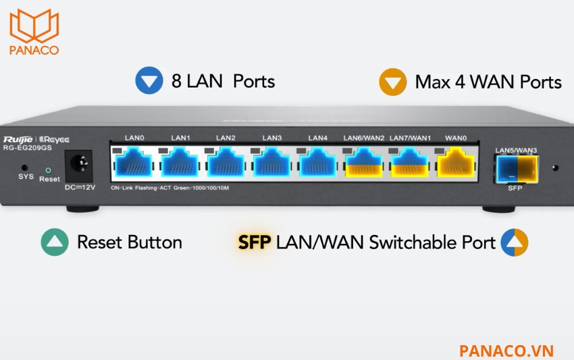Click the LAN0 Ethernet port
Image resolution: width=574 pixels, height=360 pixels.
coord(134,162)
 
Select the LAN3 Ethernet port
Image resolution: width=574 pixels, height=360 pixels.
coord(271,162)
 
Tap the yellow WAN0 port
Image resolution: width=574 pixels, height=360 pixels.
coord(456,162)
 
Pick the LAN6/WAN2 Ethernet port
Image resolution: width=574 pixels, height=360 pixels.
coord(364,162)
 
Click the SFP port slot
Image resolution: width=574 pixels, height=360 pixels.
coord(517,168)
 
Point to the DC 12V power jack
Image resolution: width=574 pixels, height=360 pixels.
coord(78,161)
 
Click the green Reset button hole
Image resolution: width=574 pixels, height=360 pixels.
coord(48,170)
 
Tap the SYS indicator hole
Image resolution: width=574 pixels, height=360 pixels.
coord(24,168)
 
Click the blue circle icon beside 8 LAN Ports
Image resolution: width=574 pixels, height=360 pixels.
coord(149,80)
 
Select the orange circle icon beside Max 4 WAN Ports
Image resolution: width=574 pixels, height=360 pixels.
coord(393,82)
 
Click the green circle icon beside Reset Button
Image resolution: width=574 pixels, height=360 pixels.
coord(55,242)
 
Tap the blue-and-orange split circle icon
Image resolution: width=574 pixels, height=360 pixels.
coord(515,242)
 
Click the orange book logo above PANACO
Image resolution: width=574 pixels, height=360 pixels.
coord(34,25)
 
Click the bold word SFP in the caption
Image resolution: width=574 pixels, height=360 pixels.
coord(255,242)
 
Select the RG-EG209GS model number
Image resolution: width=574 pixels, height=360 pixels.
coord(28,148)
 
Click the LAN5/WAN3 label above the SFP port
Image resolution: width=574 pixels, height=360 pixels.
coord(516,150)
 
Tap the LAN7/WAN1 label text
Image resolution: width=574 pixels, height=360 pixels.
coord(410,138)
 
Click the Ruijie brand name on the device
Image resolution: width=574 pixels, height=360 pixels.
coord(18,140)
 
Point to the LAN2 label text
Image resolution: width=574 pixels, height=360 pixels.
coord(226,138)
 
